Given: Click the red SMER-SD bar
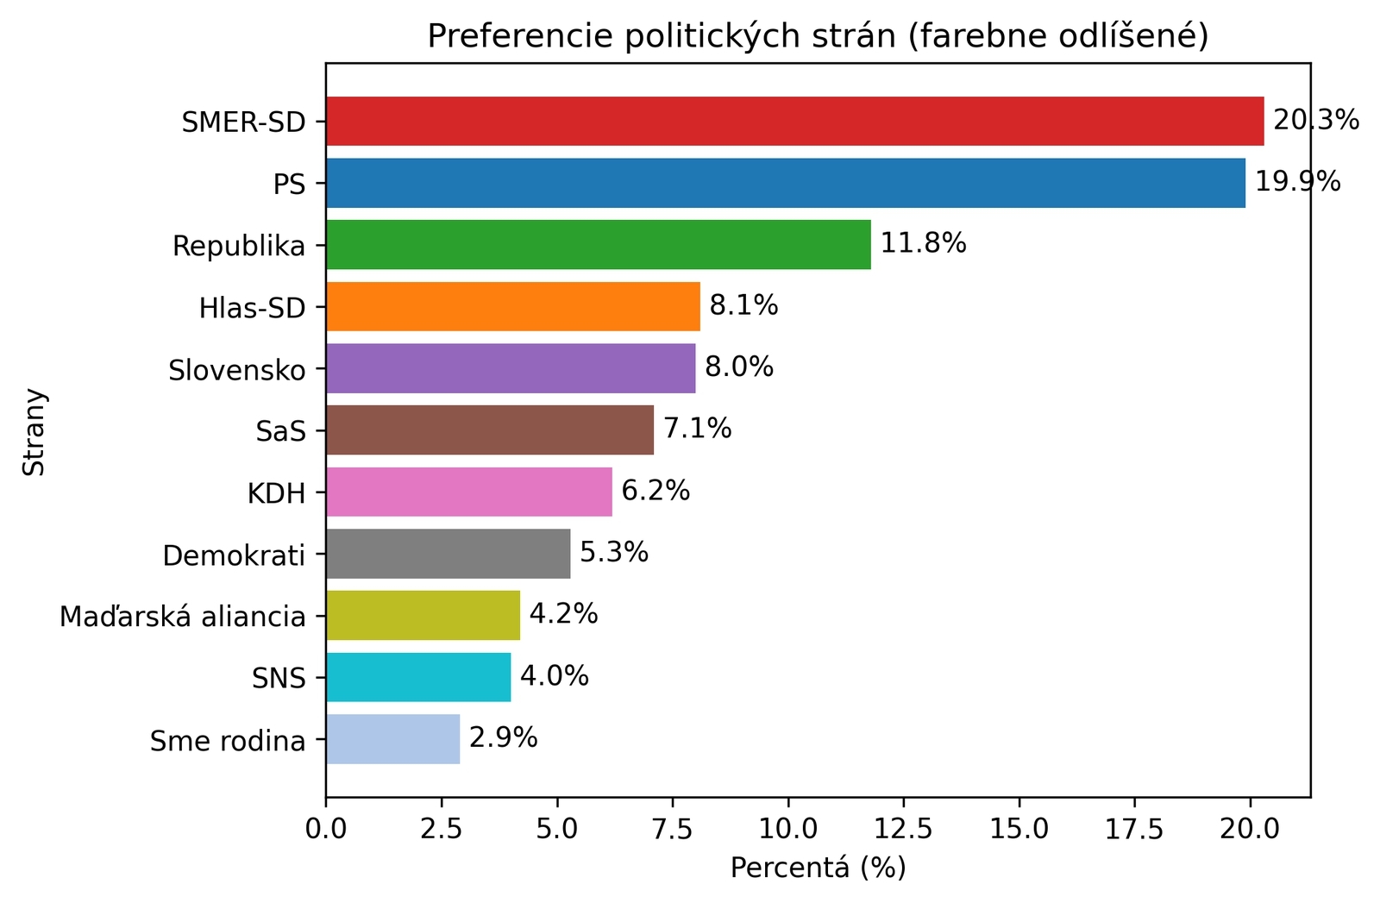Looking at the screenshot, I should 793,122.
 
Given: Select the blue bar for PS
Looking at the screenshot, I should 785,183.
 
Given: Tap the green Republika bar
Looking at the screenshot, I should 598,245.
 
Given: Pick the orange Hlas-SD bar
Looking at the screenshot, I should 512,306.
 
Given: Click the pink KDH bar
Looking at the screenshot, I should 468,492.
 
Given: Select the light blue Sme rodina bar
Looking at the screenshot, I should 392,739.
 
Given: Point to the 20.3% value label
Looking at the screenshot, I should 1315,120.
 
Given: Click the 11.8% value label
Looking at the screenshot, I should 922,243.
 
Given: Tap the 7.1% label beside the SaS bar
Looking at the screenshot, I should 697,429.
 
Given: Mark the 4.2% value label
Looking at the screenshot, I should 563,614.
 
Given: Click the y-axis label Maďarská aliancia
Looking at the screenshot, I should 182,617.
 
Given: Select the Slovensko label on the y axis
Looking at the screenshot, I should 236,370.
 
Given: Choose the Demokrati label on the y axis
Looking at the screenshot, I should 234,555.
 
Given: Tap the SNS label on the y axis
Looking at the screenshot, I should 279,679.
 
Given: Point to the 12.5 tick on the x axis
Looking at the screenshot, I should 903,829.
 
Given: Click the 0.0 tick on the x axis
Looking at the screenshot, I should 326,829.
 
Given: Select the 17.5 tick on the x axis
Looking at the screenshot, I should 1134,829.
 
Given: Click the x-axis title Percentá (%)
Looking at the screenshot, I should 818,868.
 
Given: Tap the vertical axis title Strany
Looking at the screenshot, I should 34,431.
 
